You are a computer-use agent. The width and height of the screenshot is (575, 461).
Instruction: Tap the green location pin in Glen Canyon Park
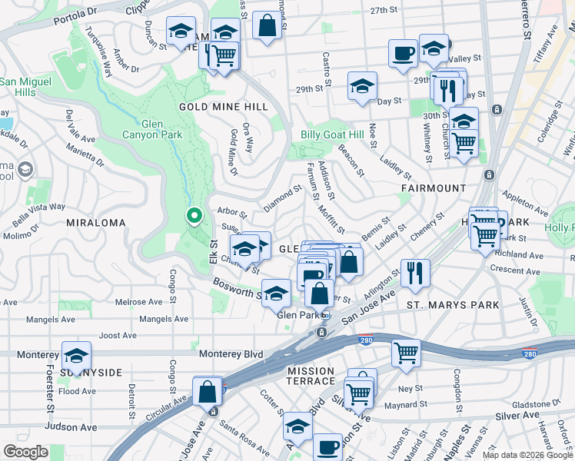194,218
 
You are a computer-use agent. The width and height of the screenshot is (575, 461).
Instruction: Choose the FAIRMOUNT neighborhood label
434,187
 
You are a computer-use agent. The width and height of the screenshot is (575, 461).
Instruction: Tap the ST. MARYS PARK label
453,305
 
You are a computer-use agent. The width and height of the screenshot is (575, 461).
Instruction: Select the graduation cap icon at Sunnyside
76,357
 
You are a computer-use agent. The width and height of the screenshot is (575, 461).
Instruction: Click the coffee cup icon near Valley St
403,55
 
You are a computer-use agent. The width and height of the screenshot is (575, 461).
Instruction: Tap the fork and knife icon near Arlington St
415,272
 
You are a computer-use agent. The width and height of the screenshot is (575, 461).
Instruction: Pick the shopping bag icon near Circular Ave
208,392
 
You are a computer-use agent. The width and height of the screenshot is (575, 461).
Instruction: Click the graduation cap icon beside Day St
362,87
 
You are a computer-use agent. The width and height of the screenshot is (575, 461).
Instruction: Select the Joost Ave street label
118,335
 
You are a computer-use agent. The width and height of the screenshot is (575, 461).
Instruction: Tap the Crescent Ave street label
519,270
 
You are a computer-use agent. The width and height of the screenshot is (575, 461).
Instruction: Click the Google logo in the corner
26,452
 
